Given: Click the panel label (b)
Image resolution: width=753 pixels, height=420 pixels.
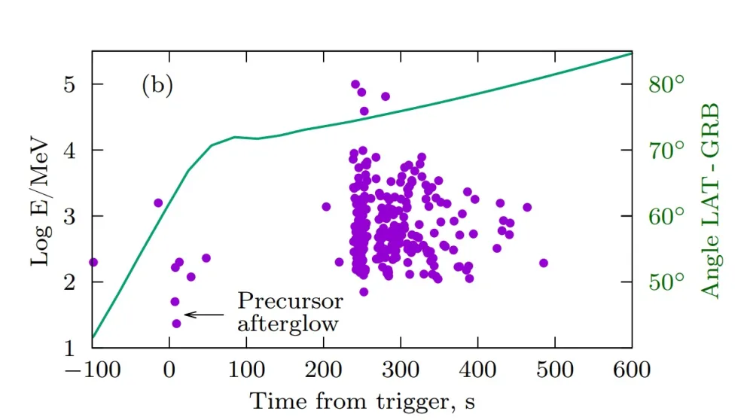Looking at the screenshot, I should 157,85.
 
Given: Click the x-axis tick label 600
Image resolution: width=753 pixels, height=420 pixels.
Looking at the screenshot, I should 631,370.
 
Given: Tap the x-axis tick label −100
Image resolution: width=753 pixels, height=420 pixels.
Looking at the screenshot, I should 92,370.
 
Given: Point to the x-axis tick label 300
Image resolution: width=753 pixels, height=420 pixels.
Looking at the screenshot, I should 400,370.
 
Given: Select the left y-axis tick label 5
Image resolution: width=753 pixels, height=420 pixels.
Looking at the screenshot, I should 71,84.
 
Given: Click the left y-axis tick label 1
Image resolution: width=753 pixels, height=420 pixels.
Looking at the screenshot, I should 71,348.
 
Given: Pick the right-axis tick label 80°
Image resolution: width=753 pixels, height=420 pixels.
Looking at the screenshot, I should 666,84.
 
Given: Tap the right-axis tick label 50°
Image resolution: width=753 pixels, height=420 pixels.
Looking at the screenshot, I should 666,282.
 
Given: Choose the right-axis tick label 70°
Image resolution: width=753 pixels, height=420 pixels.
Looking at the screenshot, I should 666,150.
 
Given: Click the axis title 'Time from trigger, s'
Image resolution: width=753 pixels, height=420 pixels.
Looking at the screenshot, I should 361,400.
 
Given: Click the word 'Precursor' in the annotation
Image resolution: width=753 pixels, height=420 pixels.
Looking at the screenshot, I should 290,302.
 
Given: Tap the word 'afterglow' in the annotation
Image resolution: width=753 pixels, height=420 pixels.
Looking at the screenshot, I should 287,324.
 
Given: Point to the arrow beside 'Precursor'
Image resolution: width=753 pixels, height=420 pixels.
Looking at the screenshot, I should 204,314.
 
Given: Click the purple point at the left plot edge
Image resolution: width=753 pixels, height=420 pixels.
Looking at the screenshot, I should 93,262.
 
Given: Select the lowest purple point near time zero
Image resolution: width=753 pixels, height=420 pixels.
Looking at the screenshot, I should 176,324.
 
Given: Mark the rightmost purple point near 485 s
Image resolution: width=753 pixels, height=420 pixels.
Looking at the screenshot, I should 544,263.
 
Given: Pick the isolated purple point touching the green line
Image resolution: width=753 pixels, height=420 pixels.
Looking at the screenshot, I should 158,202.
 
